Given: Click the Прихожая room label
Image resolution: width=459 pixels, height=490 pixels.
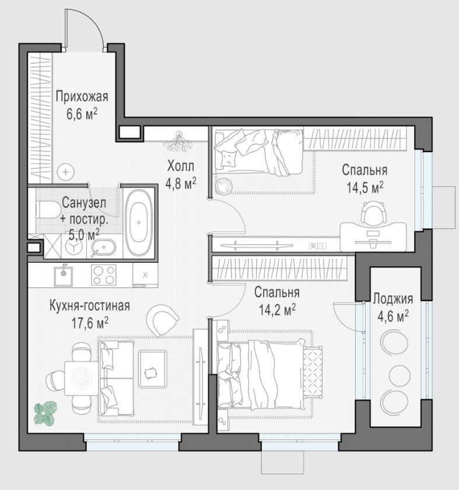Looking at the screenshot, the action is [x=82, y=97].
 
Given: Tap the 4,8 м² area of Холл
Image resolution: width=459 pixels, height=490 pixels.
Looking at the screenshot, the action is [x=181, y=184].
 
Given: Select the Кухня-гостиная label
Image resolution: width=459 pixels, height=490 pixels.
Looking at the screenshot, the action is [x=89, y=306].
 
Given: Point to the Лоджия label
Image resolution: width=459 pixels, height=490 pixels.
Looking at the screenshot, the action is [x=393, y=299].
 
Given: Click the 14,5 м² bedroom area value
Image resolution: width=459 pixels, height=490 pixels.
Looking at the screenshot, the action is [x=365, y=188].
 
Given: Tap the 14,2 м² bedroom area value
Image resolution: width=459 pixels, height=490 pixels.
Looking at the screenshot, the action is [x=277, y=310].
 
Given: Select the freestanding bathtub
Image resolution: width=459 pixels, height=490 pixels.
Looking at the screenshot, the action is [x=139, y=223].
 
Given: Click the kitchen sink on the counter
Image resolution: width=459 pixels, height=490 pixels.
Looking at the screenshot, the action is [x=64, y=275].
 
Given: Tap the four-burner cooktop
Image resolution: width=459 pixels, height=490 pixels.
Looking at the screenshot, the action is [x=104, y=275].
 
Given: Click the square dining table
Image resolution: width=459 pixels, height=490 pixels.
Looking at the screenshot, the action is [x=81, y=379].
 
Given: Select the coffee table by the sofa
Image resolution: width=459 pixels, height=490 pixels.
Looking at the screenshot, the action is [x=152, y=369].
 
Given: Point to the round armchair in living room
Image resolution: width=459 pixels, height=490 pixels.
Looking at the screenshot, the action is [x=163, y=320].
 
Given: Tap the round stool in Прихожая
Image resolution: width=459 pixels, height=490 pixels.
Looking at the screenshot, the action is [x=66, y=172].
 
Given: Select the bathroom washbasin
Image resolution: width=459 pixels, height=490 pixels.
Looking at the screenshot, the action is [x=104, y=248].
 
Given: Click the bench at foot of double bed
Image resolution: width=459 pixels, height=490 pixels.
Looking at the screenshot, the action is [x=313, y=372].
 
